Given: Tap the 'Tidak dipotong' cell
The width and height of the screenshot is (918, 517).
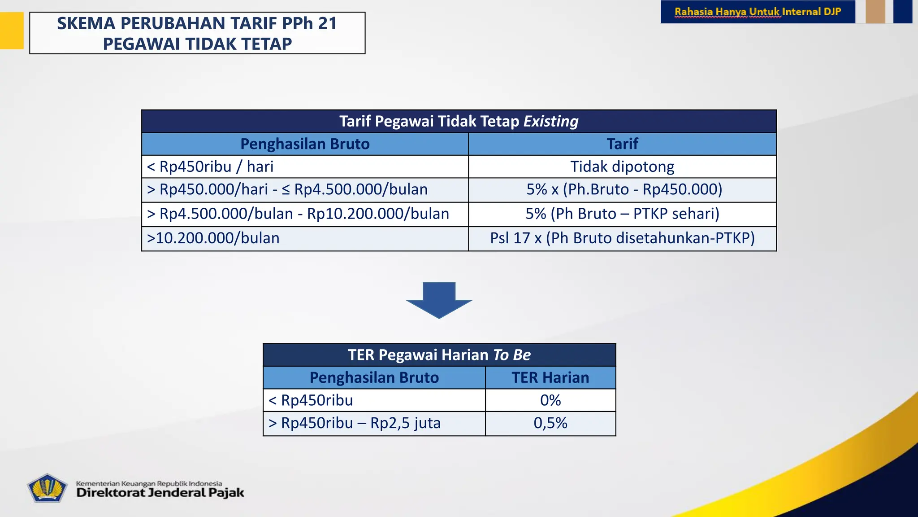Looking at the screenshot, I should [622, 167].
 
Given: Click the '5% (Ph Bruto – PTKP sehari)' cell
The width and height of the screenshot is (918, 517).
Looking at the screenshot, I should [622, 214].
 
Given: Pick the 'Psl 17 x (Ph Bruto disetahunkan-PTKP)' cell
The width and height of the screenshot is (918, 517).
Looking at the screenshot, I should [622, 238].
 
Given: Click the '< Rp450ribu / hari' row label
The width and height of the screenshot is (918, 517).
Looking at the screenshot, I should [210, 167].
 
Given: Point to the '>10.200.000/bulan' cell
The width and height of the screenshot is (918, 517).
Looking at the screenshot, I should [213, 238].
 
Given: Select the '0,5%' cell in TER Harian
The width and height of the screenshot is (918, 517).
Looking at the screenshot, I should [550, 423].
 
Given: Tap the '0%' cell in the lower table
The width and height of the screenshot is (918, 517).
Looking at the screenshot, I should [550, 400].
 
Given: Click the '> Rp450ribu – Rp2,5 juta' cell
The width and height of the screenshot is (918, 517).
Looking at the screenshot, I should [354, 423].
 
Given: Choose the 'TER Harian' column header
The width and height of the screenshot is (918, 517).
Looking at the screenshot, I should [550, 378].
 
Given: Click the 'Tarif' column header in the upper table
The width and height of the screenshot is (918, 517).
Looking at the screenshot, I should [622, 144].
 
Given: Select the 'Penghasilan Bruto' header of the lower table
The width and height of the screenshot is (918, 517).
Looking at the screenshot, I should [374, 378].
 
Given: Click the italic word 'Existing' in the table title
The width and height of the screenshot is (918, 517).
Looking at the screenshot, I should [551, 121].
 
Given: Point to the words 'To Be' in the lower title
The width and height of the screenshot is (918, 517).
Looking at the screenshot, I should [511, 355].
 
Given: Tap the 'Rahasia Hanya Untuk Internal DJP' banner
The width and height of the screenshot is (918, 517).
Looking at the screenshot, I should [758, 12].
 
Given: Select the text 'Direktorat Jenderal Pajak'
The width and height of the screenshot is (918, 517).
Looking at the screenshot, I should [160, 493].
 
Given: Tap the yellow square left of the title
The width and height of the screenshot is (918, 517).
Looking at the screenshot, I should [12, 31].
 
